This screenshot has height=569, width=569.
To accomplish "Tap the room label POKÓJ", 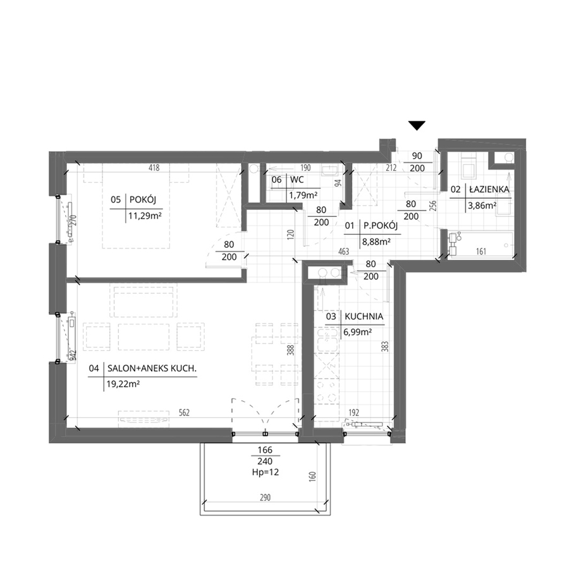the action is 143,200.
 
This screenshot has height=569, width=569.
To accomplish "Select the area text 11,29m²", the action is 145,217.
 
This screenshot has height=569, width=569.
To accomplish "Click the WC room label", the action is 297,180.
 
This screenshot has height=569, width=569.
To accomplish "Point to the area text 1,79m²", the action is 303,195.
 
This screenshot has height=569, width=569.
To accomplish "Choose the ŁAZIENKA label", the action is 489,189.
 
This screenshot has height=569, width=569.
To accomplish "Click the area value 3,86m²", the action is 482,205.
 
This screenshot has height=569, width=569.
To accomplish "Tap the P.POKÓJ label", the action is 381,226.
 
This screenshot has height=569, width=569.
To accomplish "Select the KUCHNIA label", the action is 364,317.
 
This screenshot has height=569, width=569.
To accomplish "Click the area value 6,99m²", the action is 357,332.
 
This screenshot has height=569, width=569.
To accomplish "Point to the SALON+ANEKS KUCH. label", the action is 152,369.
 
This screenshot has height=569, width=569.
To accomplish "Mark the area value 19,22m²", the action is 123,384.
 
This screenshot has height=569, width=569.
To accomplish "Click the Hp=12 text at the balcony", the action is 266,472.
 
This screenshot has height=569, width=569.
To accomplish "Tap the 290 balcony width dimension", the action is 266,497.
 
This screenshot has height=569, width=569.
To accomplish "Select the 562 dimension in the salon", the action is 184,413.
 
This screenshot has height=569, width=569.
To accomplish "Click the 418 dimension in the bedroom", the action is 154,168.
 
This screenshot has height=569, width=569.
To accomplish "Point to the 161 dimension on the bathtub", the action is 481,251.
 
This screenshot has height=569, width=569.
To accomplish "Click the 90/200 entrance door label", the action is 417,162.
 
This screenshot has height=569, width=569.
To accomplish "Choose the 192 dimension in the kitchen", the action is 354,413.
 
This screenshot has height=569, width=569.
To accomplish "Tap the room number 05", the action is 116,200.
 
